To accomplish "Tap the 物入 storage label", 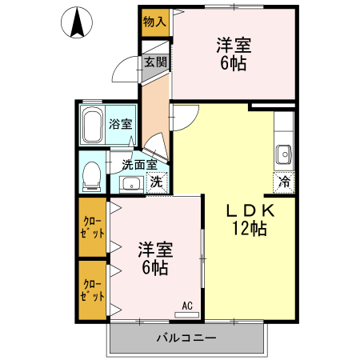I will tap(154, 21).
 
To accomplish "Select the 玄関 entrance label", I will tap(154, 62).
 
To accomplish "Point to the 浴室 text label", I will tap(122, 125).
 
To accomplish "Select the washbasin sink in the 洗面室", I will tap(130, 184).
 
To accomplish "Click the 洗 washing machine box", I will tap(158, 182).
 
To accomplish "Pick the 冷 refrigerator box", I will tap(284, 182).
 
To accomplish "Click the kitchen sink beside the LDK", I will tap(283, 152).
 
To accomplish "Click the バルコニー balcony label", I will tap(186, 338).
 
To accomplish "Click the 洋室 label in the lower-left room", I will tap(154, 248).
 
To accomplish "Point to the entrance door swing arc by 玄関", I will tap(123, 72).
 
